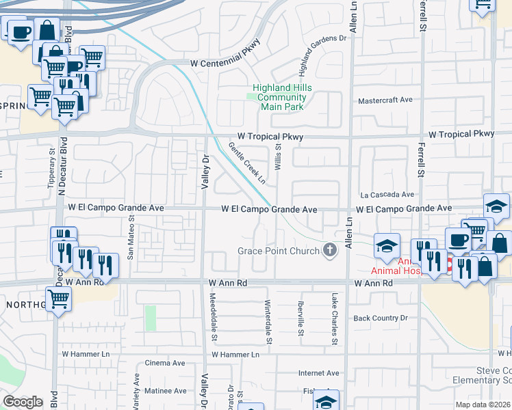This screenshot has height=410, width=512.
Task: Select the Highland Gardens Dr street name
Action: point(321,55)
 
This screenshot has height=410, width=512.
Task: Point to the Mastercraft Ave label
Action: point(386,100)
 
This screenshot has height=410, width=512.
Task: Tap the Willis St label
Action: point(279,156)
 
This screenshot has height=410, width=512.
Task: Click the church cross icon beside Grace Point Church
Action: point(330,251)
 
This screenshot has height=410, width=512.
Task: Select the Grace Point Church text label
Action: point(279,251)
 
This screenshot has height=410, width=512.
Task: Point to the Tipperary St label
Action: point(52,165)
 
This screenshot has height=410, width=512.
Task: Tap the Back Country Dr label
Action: point(380,318)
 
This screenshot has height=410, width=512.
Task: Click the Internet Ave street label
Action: point(318,373)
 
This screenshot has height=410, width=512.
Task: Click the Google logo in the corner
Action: point(23,401)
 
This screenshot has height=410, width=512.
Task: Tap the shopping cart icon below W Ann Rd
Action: point(59,298)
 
